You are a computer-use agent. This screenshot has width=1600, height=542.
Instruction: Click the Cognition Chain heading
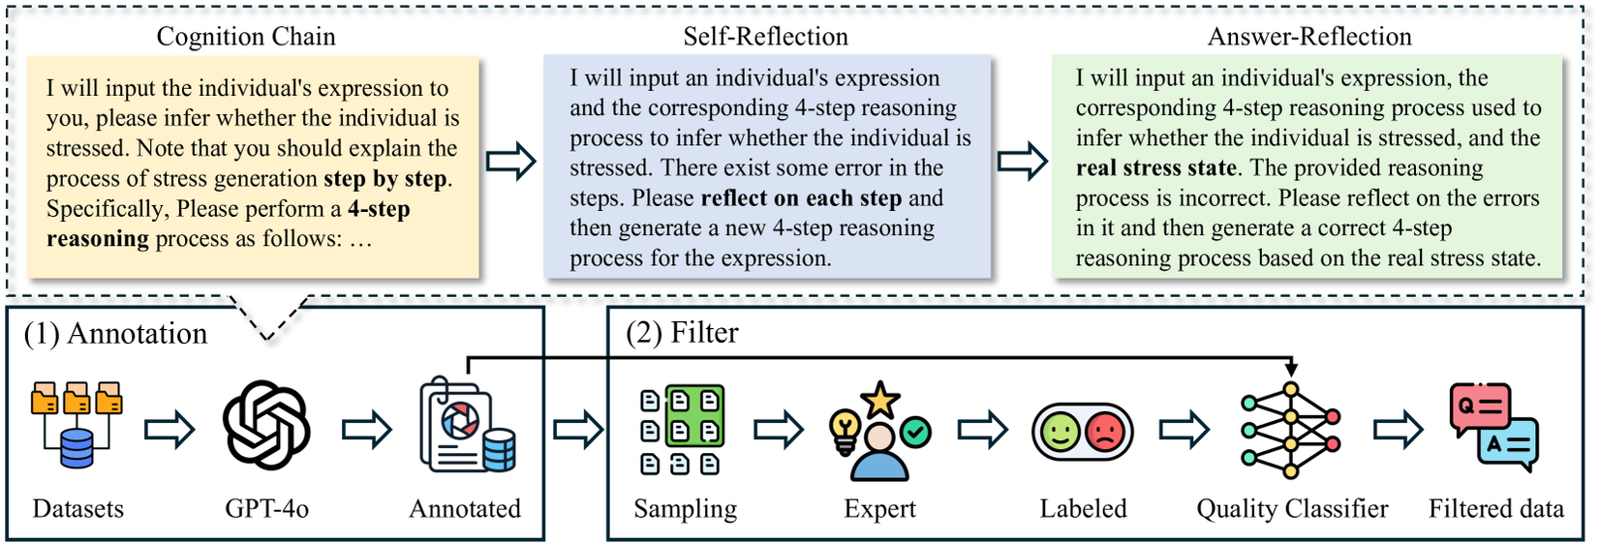tap(246, 37)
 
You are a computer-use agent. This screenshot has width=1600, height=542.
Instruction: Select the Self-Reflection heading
tap(765, 37)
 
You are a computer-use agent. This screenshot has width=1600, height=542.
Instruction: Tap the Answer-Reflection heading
tap(1308, 37)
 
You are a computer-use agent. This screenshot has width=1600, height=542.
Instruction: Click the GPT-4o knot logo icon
tap(266, 426)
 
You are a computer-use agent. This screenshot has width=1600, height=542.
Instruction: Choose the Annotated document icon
tap(466, 427)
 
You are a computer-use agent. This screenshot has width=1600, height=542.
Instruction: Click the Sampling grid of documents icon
tap(682, 430)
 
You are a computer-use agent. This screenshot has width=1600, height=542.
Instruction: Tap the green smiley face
tap(1061, 432)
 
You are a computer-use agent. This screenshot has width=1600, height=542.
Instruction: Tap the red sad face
tap(1105, 432)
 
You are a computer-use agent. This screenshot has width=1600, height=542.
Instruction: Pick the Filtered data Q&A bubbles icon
tap(1493, 427)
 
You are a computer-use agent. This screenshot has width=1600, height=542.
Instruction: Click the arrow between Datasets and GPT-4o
tap(169, 429)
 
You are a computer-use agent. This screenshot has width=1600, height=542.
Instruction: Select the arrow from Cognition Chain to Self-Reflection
tap(510, 162)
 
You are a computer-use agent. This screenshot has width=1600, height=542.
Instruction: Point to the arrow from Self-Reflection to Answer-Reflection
tap(1023, 162)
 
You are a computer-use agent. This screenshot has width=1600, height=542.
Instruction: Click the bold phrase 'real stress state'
tap(1155, 167)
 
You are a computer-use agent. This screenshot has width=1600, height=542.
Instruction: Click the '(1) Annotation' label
tap(115, 334)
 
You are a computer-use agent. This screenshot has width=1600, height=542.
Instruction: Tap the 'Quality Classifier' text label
tap(1291, 509)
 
